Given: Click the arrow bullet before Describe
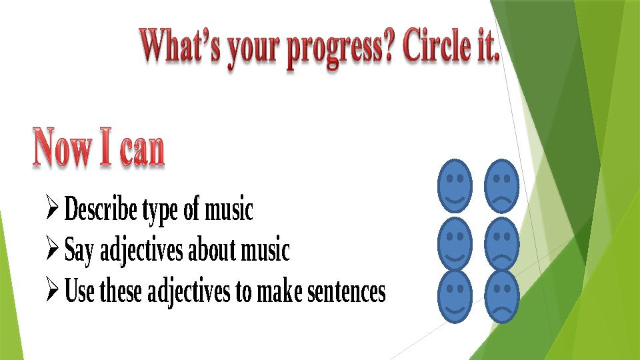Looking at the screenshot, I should pos(54,210).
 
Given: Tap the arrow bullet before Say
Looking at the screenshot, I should pos(54,251).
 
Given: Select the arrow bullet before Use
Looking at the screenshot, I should pos(54,291).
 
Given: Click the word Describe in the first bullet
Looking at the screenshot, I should pos(100,211).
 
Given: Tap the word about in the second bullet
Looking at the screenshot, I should pos(209,251).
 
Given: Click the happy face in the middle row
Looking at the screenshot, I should pos(455,243).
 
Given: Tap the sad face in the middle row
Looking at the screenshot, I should pos(502,243).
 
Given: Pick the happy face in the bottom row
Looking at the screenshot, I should pos(455,296).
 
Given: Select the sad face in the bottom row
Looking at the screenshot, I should pos(502,296).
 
